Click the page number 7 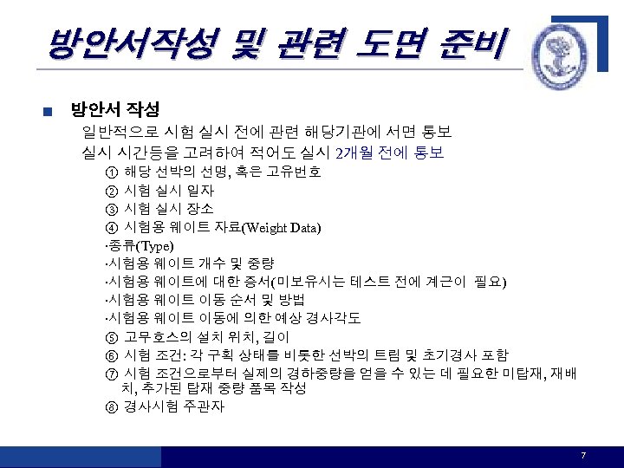[x=584, y=456]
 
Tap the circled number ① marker [x=111, y=172]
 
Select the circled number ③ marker [x=111, y=209]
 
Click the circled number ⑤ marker [x=111, y=337]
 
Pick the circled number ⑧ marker [x=111, y=406]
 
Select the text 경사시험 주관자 [x=174, y=406]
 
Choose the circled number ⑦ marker [x=111, y=374]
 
